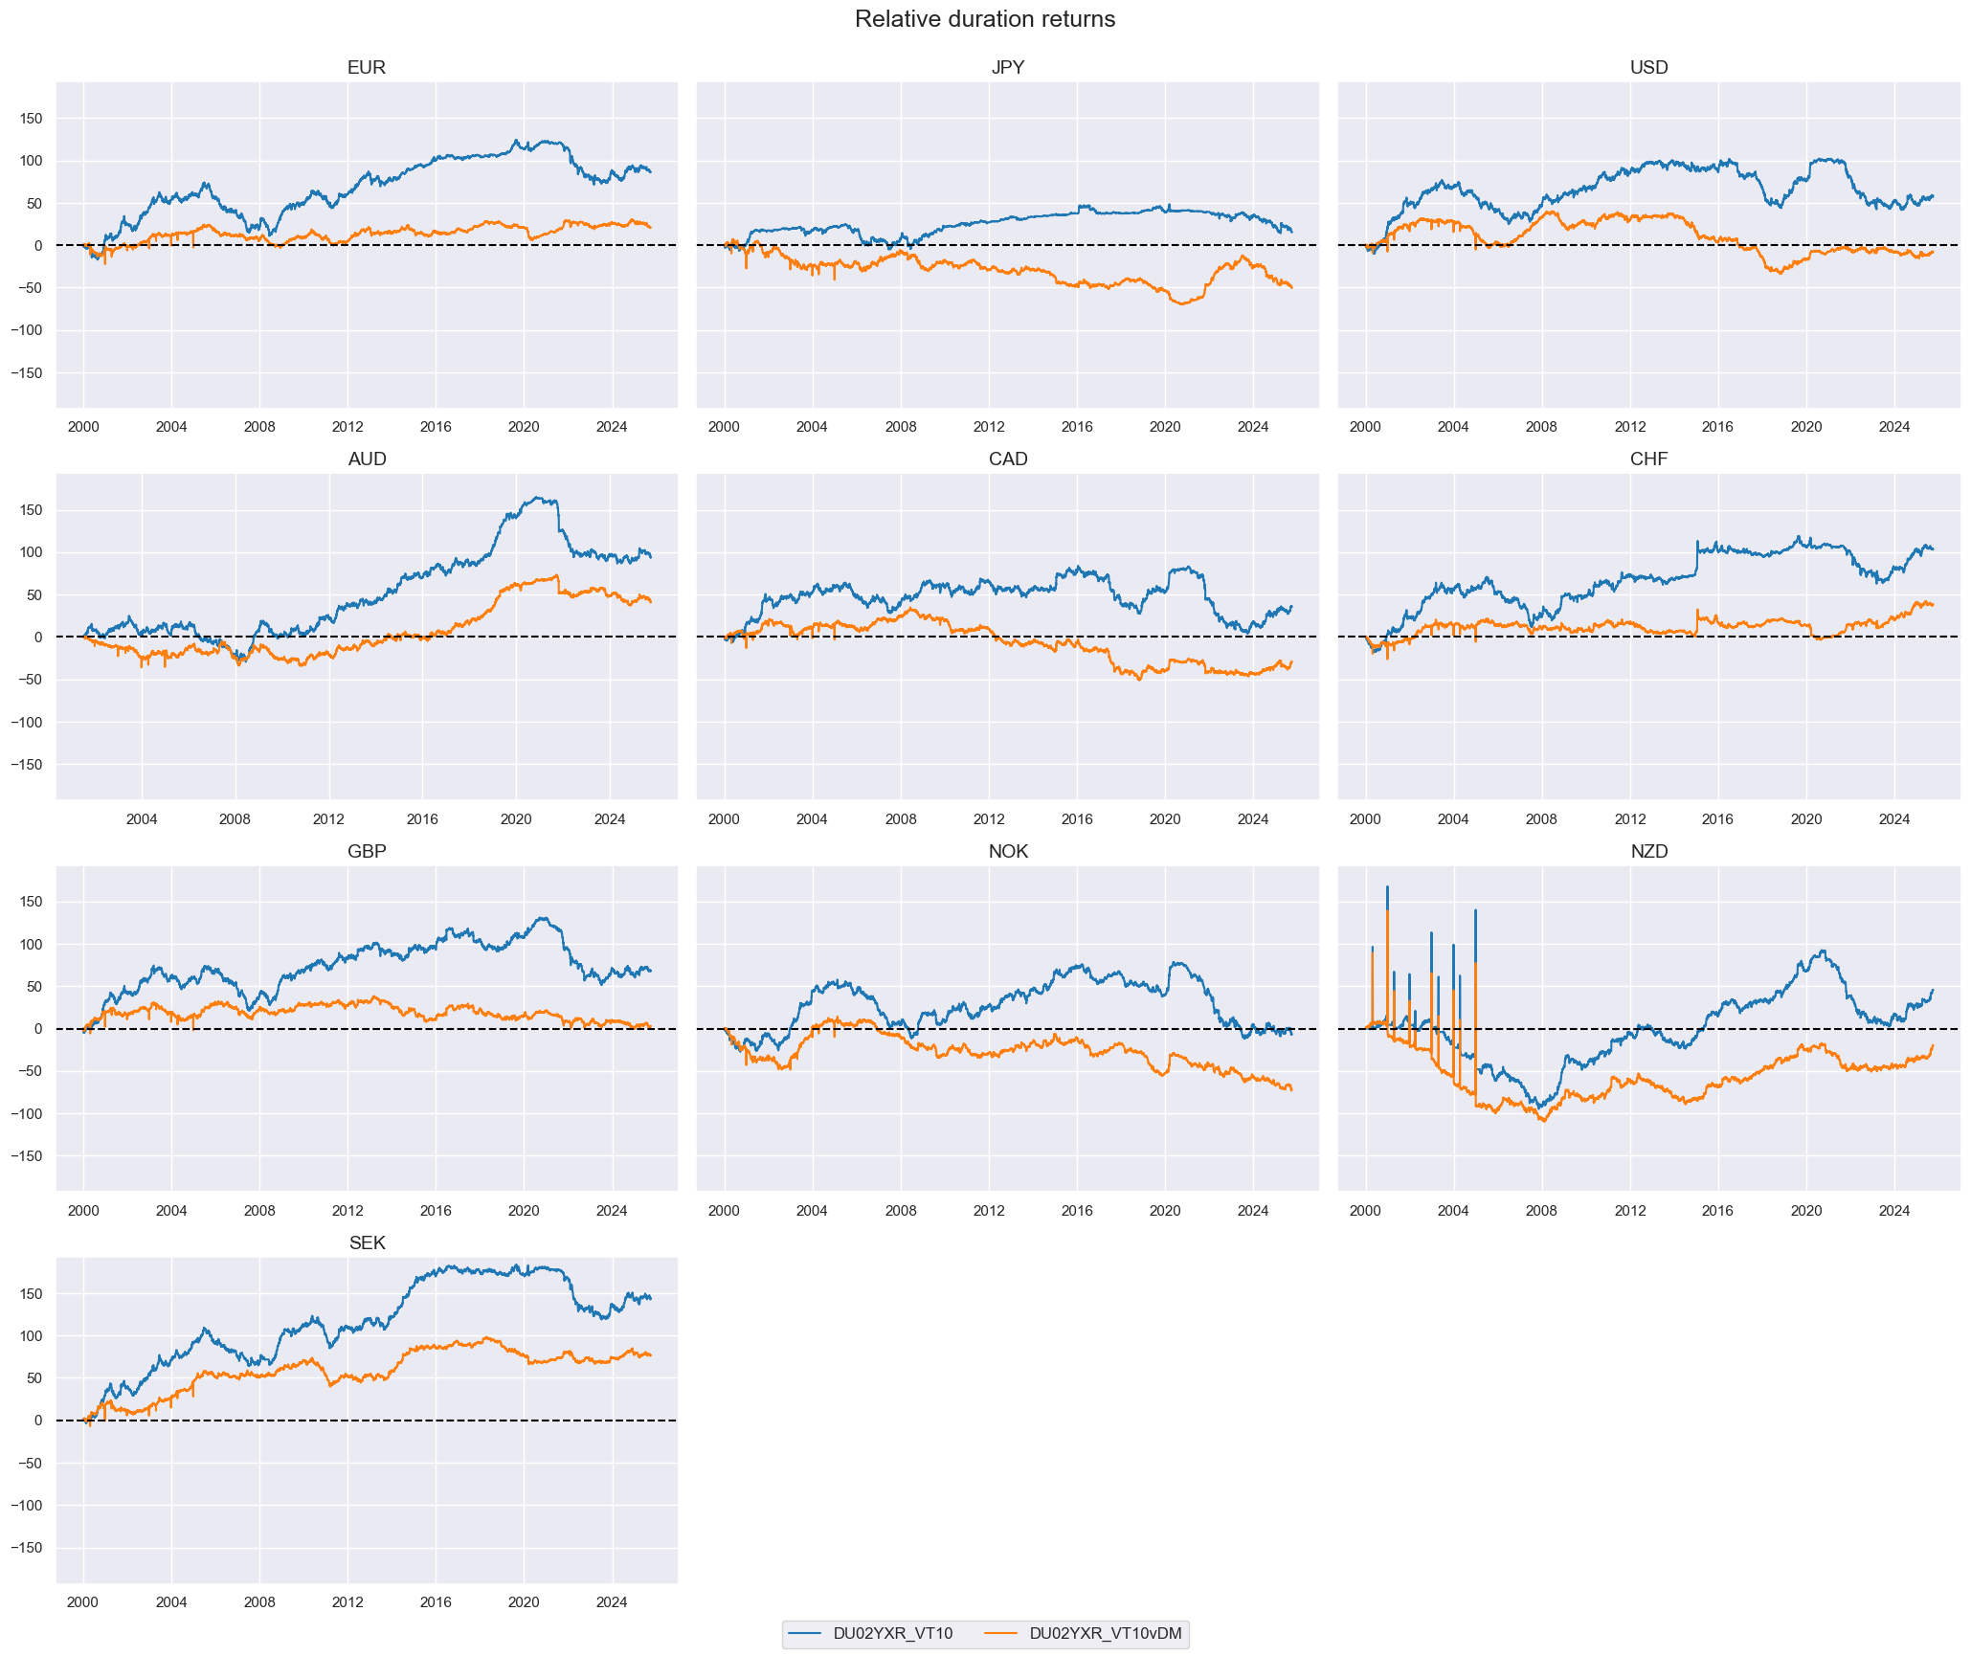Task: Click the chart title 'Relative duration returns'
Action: [984, 19]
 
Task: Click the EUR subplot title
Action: [367, 68]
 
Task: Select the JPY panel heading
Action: [1007, 68]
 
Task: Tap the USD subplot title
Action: [1648, 68]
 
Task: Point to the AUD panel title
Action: [367, 459]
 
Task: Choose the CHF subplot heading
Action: [1648, 459]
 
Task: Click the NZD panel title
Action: [1648, 852]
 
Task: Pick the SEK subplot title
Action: [367, 1243]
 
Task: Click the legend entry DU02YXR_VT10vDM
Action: [1105, 1634]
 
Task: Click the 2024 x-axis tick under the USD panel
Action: [1893, 427]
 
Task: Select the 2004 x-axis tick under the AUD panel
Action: [142, 819]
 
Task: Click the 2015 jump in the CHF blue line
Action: [1696, 543]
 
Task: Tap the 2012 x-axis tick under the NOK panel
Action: [989, 1211]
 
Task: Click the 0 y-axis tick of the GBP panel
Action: [38, 1029]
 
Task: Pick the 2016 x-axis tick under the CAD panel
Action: [1077, 819]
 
